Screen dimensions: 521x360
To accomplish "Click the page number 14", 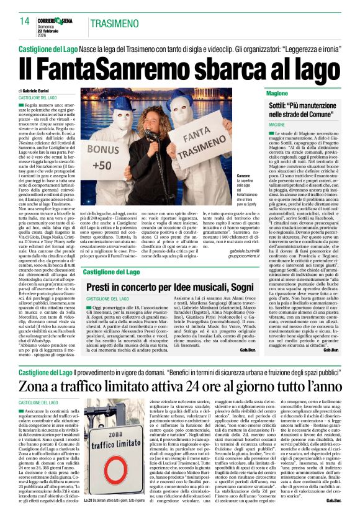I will click(25, 21).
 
